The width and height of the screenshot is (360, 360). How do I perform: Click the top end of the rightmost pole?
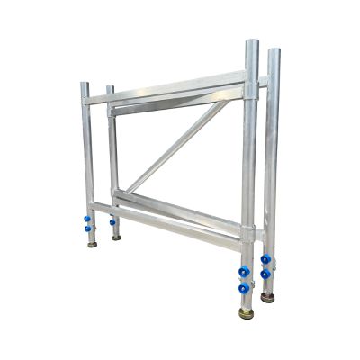coord(273,51)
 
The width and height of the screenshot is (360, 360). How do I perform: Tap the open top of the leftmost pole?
coord(85,85)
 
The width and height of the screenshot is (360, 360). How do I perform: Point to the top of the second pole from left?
coord(110,88)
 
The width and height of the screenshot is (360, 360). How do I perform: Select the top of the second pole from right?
coord(251,42)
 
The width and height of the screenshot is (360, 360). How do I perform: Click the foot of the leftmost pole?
coord(92,244)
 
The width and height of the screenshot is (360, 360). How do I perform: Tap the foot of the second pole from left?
coord(116,237)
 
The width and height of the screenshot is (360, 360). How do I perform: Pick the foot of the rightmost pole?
coord(267,296)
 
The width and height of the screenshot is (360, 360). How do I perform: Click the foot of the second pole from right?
coord(247,313)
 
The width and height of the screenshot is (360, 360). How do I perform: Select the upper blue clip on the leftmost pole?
coord(87,217)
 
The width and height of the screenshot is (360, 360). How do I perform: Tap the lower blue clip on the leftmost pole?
coord(89,229)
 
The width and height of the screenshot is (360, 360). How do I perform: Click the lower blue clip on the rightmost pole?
coord(265,274)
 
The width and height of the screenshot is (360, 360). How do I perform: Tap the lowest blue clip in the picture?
coord(243,288)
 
